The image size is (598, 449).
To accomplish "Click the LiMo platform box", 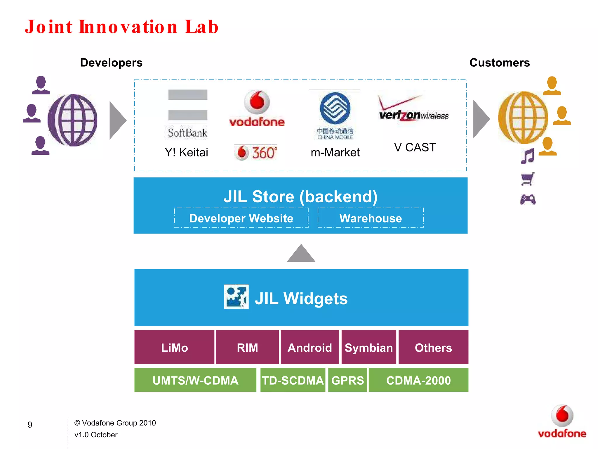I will tap(174, 347).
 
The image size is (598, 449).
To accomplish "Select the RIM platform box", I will tap(247, 347).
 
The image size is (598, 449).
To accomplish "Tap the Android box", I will tap(310, 347).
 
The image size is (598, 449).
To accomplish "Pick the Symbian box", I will tap(369, 347).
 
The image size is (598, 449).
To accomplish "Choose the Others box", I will tap(433, 347).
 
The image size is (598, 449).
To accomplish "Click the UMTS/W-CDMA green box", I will tap(195, 380).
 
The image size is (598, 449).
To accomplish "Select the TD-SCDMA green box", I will tap(293, 380).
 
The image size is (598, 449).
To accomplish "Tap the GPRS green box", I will tap(347, 380).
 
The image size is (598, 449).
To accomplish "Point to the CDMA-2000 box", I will tap(418, 380).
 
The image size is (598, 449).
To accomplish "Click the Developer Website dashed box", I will tap(241, 218).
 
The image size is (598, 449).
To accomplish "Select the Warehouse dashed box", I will tap(371, 218).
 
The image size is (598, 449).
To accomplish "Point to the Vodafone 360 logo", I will tap(256, 152).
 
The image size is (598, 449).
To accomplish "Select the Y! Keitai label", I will tap(186, 152).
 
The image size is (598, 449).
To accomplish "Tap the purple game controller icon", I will tap(528, 200).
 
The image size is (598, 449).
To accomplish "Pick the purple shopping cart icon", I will tap(528, 179).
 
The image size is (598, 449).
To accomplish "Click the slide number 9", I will tap(30, 424).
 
